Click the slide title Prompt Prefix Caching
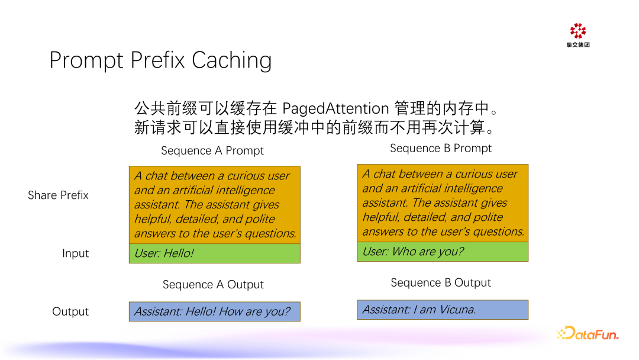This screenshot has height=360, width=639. (x=160, y=60)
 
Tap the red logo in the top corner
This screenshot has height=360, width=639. (x=577, y=31)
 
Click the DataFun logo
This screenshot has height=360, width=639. (x=588, y=333)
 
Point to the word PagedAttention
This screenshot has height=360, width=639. (x=335, y=109)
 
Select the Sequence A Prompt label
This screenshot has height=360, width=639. (x=212, y=151)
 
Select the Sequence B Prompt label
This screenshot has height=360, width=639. (x=441, y=149)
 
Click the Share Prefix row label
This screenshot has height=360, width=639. (x=58, y=195)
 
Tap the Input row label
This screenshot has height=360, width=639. (x=75, y=253)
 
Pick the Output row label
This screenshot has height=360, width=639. (x=70, y=312)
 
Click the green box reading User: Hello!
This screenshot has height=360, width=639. (x=214, y=253)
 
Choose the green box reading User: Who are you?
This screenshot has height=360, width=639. (x=442, y=252)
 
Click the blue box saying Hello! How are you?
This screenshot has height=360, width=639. (x=214, y=311)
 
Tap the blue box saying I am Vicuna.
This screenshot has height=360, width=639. (x=442, y=310)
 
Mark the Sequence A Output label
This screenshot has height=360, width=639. (x=213, y=285)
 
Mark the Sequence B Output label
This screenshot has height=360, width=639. (x=441, y=283)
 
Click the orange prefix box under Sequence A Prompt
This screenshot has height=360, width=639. (x=214, y=205)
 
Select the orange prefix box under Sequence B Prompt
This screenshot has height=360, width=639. (x=442, y=203)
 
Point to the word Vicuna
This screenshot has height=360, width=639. (x=457, y=310)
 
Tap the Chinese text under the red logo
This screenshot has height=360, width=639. (x=577, y=45)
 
